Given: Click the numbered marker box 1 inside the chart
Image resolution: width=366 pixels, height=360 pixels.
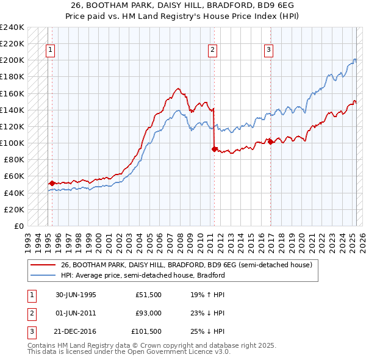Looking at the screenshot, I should [50, 50].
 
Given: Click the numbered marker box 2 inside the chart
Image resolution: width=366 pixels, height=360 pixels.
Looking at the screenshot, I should [212, 50].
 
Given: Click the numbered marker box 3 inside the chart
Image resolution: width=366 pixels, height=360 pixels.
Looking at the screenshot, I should [269, 50].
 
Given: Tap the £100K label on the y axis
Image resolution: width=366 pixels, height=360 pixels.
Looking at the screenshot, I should [12, 143].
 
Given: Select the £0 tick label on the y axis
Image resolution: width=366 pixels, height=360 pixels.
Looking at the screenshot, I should [20, 226].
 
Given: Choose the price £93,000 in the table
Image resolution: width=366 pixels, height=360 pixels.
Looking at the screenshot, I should [148, 313].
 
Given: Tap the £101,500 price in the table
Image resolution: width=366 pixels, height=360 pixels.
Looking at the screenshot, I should [146, 331].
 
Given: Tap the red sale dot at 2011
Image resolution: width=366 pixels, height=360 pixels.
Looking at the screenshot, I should [214, 148].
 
